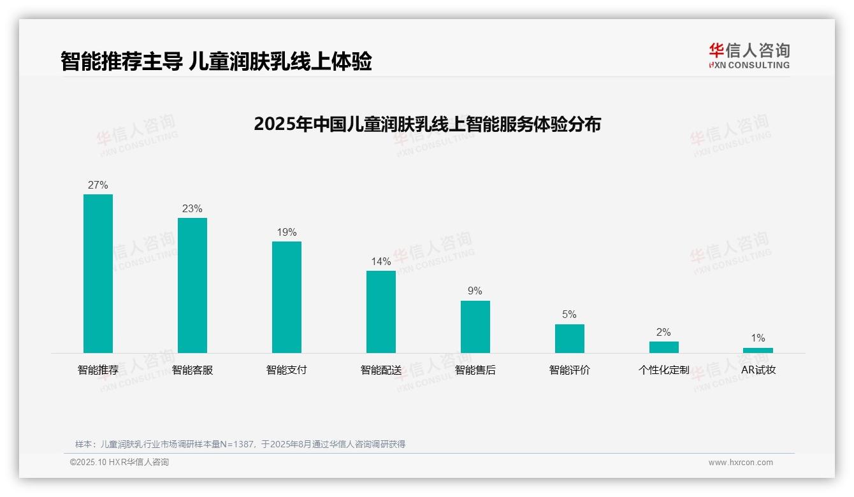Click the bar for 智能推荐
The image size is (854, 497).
98,273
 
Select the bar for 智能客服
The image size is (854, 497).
192,285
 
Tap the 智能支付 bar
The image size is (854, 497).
287,297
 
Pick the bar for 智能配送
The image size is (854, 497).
381,312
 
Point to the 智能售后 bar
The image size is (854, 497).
475,327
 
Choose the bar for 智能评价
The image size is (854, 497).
570,338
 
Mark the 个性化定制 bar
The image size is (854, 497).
664,347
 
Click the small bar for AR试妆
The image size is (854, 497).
758,350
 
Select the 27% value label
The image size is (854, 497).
98,185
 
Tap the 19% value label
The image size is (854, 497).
287,233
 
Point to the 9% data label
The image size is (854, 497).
475,291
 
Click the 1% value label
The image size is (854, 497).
758,338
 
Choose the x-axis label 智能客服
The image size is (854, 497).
192,370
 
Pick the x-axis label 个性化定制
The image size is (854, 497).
664,370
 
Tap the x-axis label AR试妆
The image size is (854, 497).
758,370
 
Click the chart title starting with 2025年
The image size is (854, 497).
427,124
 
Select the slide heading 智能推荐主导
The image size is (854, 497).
216,62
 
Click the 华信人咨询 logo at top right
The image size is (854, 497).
749,55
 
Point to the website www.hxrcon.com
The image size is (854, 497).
741,463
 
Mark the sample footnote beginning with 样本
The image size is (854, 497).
240,444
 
